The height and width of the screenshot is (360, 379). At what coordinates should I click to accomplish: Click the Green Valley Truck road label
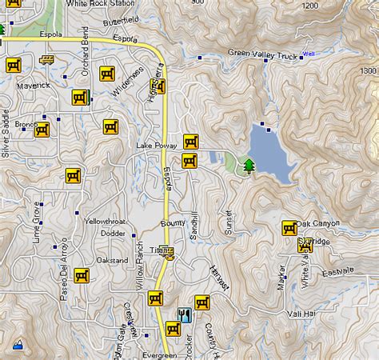[x=263, y=54]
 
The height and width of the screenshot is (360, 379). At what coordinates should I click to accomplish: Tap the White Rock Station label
[x=99, y=4]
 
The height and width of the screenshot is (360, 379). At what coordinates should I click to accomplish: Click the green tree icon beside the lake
[x=249, y=166]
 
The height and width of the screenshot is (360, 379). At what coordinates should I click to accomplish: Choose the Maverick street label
[x=34, y=85]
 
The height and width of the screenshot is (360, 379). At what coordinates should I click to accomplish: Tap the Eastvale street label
[x=337, y=273]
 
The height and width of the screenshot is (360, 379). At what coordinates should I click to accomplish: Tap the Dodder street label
[x=113, y=234]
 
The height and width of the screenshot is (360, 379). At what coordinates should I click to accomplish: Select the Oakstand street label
[x=112, y=260]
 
